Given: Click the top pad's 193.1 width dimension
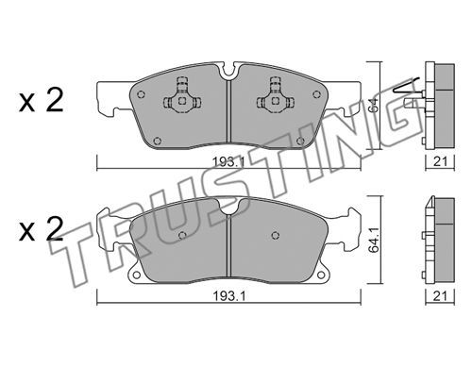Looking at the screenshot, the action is click(x=228, y=162).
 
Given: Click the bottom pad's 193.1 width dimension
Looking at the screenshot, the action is click(x=228, y=296).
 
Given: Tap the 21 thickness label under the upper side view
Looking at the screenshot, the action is click(x=440, y=161).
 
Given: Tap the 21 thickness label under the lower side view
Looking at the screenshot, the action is click(x=440, y=296).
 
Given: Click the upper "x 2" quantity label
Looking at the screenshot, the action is click(x=42, y=100).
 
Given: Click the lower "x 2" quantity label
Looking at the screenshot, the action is click(x=42, y=229).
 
